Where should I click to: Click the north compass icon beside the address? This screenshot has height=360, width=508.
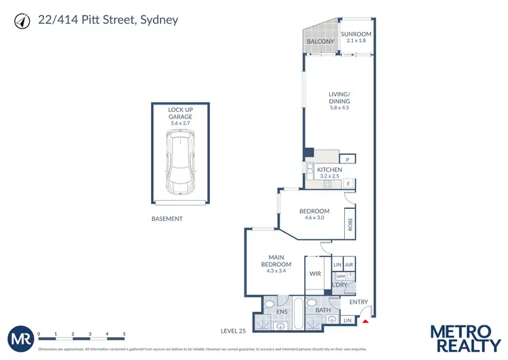[21, 22]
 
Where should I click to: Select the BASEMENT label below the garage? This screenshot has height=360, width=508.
[167, 219]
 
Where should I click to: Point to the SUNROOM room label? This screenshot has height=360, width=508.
[356, 35]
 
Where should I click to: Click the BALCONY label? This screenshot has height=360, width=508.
[321, 42]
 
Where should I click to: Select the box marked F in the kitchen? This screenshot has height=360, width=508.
[347, 184]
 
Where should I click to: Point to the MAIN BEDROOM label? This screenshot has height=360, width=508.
[278, 260]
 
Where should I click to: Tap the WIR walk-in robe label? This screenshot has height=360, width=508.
[315, 274]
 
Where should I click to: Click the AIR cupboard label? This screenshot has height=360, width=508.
[349, 265]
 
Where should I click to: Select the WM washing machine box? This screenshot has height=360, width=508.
[340, 277]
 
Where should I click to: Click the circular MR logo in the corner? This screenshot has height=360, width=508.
[20, 338]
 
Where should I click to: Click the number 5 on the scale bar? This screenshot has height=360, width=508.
[124, 334]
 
